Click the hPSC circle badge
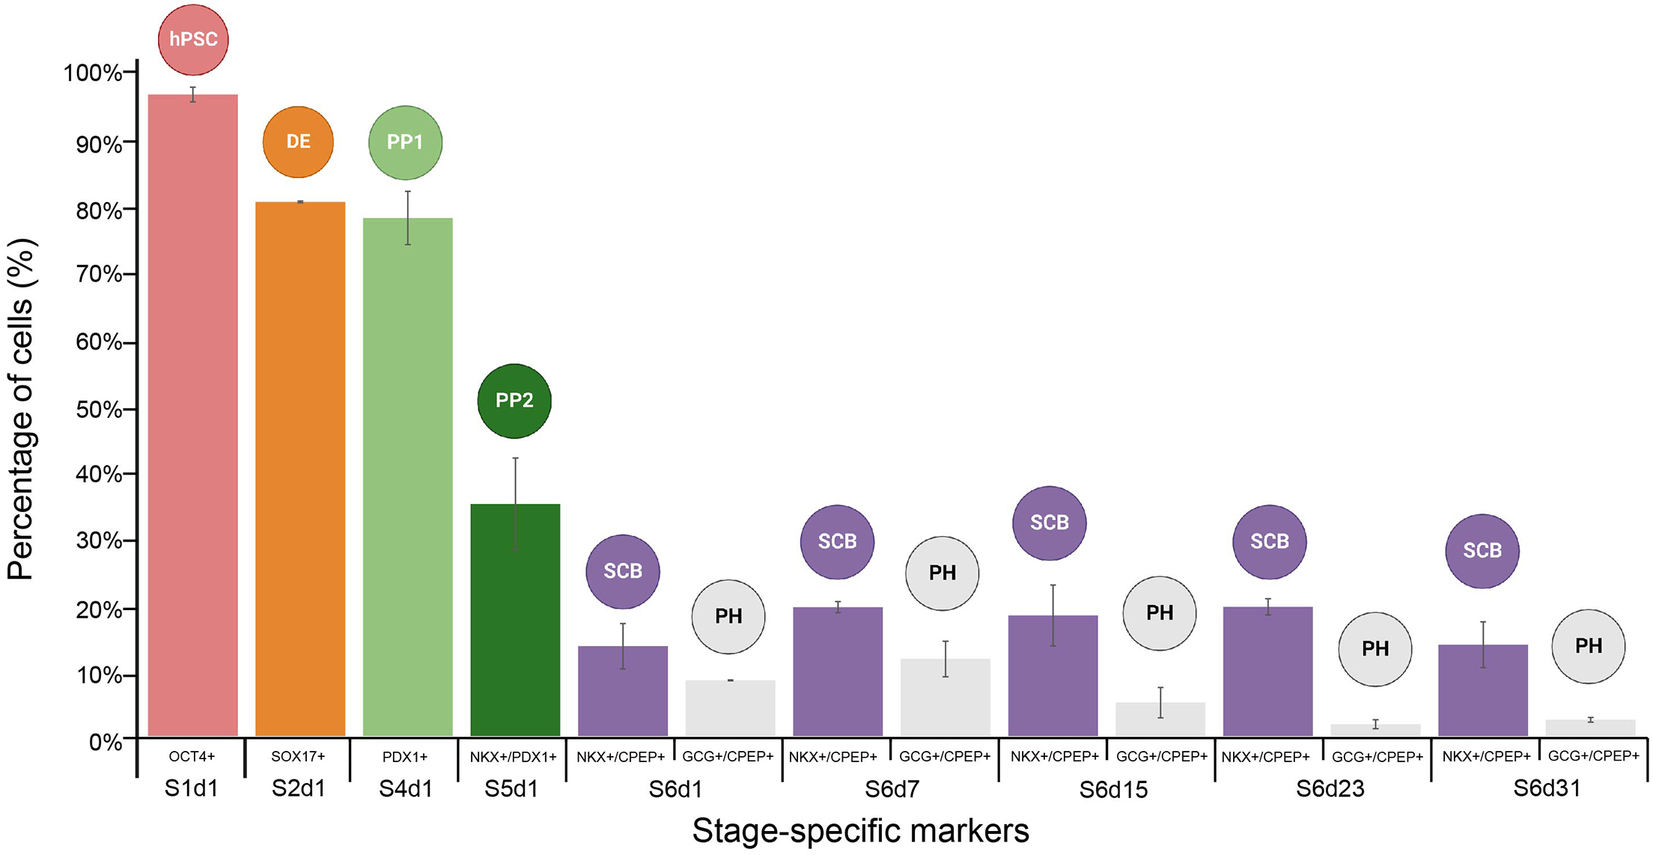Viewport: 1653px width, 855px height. click(x=193, y=40)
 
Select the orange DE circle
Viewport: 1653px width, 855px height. click(x=298, y=142)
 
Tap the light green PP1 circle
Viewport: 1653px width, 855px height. click(x=405, y=142)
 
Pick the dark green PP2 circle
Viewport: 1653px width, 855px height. click(x=514, y=401)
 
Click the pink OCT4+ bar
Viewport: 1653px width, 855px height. click(x=192, y=416)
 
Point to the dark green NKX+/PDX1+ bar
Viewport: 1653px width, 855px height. click(x=515, y=621)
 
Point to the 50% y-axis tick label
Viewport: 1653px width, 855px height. click(x=98, y=410)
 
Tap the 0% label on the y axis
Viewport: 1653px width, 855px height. click(x=105, y=742)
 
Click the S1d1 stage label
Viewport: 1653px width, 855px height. click(x=191, y=788)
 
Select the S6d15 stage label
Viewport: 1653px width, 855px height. click(x=1113, y=790)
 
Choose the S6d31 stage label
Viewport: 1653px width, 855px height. click(x=1547, y=788)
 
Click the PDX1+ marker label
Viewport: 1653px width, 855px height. click(x=405, y=757)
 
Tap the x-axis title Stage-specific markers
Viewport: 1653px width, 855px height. click(x=860, y=830)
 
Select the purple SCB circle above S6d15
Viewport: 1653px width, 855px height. click(x=1049, y=523)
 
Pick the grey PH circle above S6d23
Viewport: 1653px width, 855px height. click(x=1375, y=649)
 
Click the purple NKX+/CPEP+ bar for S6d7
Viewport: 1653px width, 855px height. click(x=838, y=672)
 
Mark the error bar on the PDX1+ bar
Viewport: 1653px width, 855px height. click(x=408, y=218)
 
